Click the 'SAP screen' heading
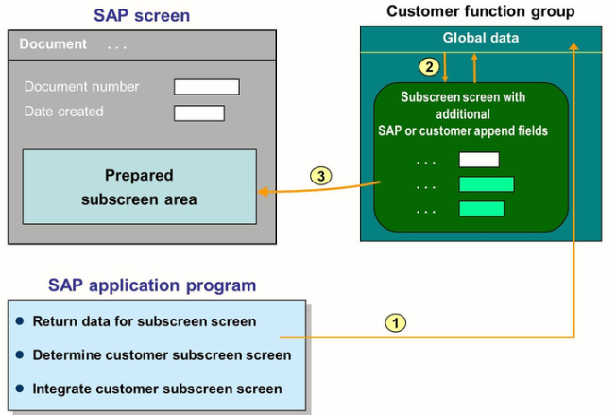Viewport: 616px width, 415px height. [141, 15]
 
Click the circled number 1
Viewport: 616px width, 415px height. [396, 322]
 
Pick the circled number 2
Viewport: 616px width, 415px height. [430, 67]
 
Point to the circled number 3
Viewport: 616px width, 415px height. [321, 176]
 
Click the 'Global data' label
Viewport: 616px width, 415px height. [480, 38]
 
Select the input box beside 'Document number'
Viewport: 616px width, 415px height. [206, 87]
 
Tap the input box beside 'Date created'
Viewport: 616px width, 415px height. [198, 113]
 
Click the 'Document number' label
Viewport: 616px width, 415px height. [81, 87]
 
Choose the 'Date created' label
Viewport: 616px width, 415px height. [63, 112]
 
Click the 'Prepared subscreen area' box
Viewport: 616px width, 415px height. [139, 186]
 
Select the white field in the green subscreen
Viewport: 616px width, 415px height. [478, 160]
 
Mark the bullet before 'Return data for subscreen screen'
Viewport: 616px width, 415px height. [19, 321]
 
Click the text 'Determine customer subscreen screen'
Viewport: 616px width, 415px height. [162, 355]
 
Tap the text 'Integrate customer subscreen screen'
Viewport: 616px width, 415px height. [157, 389]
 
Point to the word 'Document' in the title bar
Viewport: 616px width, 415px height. [53, 44]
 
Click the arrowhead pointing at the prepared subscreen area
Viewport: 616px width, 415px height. [262, 192]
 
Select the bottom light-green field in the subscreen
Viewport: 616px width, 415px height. [481, 208]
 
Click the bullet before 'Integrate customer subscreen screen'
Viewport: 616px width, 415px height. [19, 389]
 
